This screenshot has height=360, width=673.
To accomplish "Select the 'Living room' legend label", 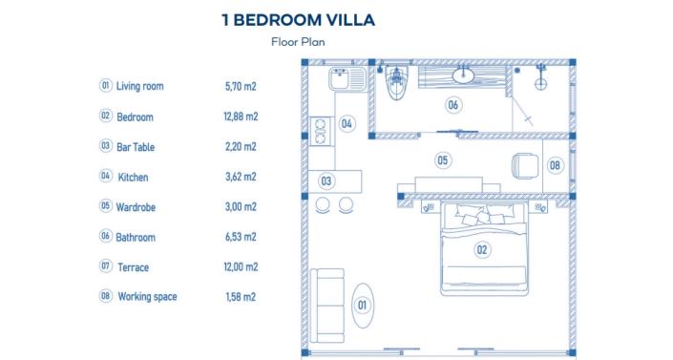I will [139, 87].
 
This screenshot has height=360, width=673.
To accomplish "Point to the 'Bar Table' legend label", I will [136, 147].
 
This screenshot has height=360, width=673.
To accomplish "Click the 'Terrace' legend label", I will [133, 267].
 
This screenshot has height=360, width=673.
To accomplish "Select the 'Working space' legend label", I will [147, 297].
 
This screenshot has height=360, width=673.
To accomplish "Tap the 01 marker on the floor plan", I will [362, 305].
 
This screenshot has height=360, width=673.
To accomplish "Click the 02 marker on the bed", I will [482, 250].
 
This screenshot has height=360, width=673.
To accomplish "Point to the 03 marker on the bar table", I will [326, 180].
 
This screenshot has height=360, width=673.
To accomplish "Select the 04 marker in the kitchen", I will [347, 123].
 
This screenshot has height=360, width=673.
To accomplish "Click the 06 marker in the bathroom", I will [452, 105].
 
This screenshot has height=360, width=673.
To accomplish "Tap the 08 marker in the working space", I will [556, 165].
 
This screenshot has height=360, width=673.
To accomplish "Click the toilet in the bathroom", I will [395, 86].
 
